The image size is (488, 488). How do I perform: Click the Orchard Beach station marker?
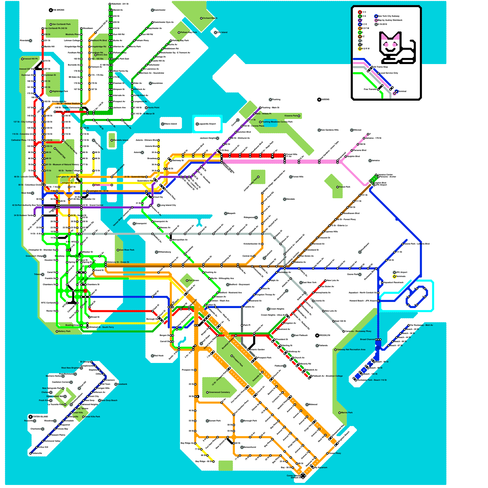click(x=201, y=18)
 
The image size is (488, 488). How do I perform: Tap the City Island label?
click(x=222, y=32)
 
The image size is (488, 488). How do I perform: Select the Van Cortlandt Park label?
click(x=61, y=24)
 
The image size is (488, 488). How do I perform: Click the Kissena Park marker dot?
click(x=299, y=116)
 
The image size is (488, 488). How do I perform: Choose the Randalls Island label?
click(x=121, y=140)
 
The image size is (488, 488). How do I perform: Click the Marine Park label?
click(x=347, y=413)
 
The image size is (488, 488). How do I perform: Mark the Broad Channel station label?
click(x=367, y=339)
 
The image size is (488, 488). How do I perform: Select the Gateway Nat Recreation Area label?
click(x=351, y=350)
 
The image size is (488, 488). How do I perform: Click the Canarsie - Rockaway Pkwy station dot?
click(x=344, y=331)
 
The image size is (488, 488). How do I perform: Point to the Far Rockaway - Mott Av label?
click(x=422, y=325)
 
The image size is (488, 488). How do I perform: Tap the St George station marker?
click(x=91, y=362)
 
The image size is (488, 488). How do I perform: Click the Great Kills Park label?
click(x=92, y=417)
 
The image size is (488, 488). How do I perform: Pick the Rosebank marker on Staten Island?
click(x=116, y=384)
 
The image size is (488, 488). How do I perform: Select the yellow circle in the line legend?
click(x=360, y=49)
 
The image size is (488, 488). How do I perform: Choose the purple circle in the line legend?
click(x=360, y=20)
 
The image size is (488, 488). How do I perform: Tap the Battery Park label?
click(x=64, y=331)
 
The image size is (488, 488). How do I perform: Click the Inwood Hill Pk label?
click(x=31, y=59)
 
